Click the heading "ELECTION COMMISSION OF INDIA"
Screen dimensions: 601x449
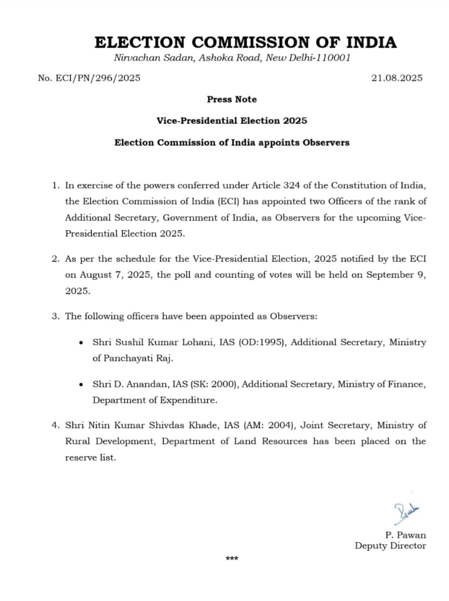click(245, 42)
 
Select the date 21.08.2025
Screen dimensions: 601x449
click(397, 78)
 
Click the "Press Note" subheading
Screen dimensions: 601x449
click(232, 99)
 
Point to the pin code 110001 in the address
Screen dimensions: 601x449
click(333, 58)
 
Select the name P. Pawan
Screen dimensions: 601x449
click(405, 535)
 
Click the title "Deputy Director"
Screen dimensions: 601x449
click(390, 546)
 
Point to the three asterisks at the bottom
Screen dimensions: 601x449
click(232, 559)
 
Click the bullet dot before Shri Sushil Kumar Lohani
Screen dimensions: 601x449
click(81, 343)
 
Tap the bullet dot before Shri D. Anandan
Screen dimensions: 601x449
click(81, 384)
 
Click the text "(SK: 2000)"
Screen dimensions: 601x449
click(215, 384)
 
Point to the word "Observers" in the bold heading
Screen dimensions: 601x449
click(326, 143)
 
